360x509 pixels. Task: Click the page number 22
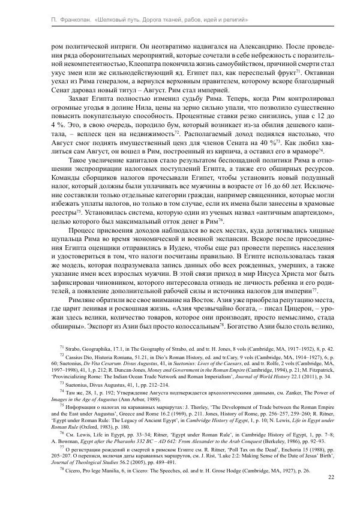coord(332,477)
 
